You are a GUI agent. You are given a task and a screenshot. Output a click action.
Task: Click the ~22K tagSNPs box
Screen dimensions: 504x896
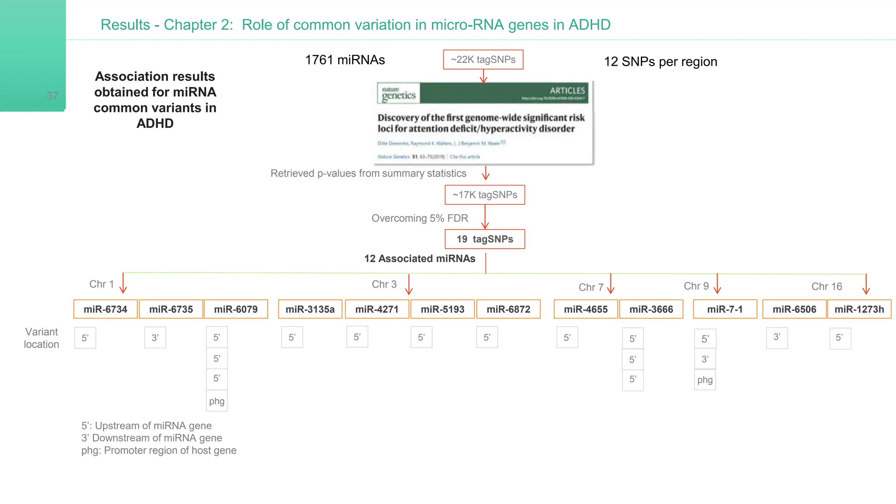[x=483, y=59]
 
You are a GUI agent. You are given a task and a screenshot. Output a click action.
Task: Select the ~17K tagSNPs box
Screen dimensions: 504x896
[x=485, y=195]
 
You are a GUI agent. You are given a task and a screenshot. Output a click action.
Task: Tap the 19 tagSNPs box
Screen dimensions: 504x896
[x=485, y=239]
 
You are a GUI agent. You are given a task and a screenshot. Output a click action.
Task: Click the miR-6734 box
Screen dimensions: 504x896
[x=105, y=309]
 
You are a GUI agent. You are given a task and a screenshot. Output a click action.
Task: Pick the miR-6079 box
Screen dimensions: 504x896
[x=236, y=309]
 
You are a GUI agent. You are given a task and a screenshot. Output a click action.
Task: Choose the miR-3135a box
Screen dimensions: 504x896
[x=310, y=309]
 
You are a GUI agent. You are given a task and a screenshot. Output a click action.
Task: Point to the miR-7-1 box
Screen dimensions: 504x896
[x=725, y=309]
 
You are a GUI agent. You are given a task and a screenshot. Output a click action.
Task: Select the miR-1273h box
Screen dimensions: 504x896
[x=859, y=309]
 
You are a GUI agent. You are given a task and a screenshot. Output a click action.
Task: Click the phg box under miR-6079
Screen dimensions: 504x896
[x=217, y=401]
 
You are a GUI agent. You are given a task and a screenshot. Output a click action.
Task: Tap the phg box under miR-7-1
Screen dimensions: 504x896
[x=705, y=380]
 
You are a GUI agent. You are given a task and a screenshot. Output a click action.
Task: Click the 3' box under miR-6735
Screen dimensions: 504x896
[x=155, y=338]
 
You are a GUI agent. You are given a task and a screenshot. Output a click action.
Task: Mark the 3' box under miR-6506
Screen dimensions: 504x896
[x=777, y=337]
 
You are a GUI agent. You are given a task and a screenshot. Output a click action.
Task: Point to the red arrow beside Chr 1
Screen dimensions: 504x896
[x=123, y=283]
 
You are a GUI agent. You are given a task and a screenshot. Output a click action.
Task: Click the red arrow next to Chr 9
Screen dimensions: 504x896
[x=717, y=284]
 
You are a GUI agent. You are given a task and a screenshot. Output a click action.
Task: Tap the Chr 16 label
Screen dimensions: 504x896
[x=826, y=287]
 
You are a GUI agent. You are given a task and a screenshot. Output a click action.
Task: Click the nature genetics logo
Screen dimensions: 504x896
[x=399, y=94]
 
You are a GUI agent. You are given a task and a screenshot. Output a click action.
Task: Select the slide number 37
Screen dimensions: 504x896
[x=52, y=96]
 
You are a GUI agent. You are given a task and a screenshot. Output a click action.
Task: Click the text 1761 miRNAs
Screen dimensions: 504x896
[x=345, y=60]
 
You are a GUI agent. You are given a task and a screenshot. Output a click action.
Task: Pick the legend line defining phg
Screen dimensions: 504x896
[x=159, y=451]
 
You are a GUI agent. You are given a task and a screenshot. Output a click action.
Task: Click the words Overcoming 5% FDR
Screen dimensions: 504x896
[x=420, y=218]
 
